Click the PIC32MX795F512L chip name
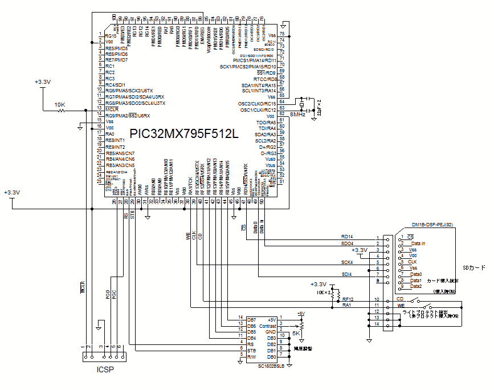183,134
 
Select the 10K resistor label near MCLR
59,105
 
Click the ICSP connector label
104,369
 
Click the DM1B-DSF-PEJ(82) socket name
432,225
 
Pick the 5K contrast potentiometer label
296,334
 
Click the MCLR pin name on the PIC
112,109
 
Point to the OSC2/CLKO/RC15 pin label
256,103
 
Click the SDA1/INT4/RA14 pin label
259,85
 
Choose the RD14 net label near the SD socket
346,237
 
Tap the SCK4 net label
346,262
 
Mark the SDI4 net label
346,274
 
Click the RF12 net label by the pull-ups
348,299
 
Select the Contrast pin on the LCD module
268,326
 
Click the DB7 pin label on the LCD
251,319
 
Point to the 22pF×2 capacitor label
320,107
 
